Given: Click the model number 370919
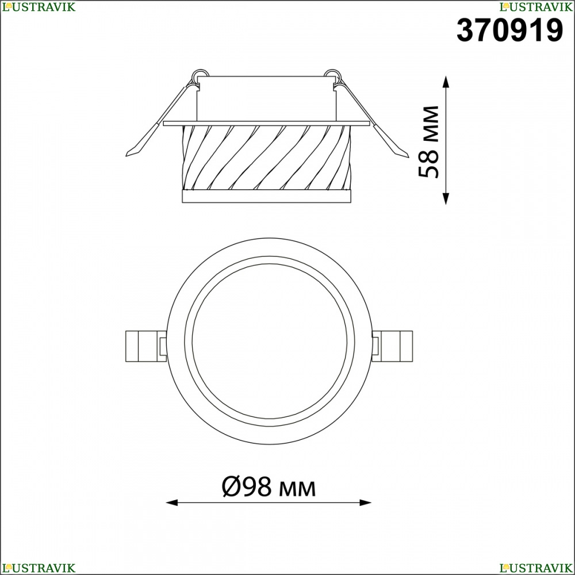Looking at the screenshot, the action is click(x=509, y=30).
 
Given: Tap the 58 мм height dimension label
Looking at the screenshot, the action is click(x=429, y=142).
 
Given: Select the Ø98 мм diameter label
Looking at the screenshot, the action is click(x=269, y=486).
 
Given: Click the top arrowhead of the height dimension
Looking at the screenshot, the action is click(x=446, y=82).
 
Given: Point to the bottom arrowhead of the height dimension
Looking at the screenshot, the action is click(x=446, y=199).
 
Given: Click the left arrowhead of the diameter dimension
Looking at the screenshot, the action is click(x=172, y=503).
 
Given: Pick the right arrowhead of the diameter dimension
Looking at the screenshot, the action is click(x=366, y=503).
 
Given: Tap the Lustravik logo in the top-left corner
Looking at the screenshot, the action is click(x=39, y=6).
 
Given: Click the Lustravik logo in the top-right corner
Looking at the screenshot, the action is click(x=536, y=6).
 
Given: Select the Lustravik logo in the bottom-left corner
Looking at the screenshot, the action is click(x=39, y=568).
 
